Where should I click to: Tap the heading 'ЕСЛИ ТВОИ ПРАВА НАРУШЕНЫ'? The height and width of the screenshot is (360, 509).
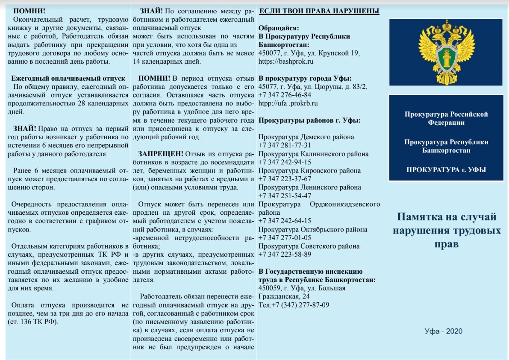coord(319,11)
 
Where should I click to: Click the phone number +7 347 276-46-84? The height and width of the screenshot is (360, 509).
coord(285,95)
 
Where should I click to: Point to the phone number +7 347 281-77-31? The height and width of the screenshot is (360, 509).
coord(285,145)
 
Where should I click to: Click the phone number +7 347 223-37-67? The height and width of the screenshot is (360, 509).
coord(285,179)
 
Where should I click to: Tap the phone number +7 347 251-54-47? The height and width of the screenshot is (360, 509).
coord(285,196)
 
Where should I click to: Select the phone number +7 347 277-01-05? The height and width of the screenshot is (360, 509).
coord(285,237)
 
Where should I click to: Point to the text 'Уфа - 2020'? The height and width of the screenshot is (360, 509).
coord(444,331)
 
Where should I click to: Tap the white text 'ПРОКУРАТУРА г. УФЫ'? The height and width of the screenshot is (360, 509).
coord(446,170)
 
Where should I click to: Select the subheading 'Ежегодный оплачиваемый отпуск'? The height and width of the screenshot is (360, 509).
coord(68,78)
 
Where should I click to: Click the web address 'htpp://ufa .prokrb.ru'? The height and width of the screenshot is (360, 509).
coord(288,103)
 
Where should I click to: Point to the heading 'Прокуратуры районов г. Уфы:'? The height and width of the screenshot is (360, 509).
coord(309,120)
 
